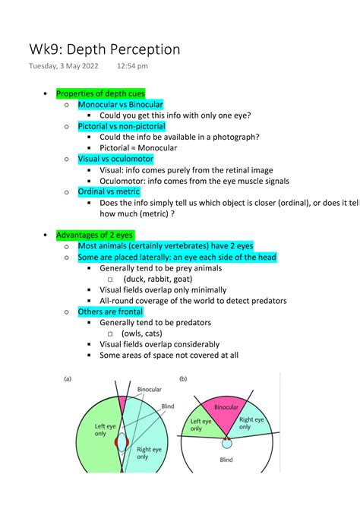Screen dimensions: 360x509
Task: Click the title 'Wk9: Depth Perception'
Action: click(104, 49)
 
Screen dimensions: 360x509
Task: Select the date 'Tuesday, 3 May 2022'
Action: click(63, 67)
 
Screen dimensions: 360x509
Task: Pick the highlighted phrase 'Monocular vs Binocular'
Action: click(120, 104)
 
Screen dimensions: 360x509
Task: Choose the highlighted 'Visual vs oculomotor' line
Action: click(115, 159)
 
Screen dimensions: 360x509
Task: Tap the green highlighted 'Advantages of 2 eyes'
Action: click(95, 236)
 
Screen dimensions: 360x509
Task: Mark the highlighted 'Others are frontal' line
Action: click(110, 311)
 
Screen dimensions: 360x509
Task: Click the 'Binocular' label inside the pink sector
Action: click(226, 407)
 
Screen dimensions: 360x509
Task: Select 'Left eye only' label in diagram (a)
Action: click(105, 431)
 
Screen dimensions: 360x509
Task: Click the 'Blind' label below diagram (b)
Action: click(226, 460)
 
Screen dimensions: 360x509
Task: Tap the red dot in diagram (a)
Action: click(116, 441)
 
